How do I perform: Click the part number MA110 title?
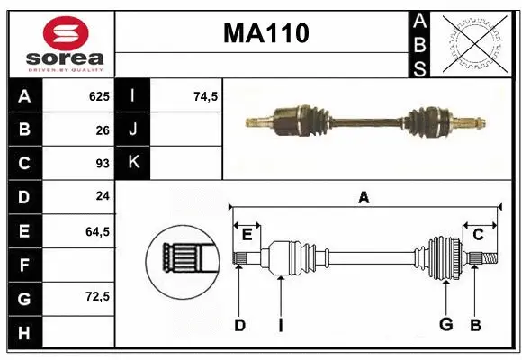[x=265, y=33]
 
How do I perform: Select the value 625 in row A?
[x=98, y=96]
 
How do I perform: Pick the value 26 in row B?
[x=103, y=130]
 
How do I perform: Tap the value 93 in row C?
[x=103, y=164]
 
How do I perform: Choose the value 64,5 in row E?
[x=97, y=231]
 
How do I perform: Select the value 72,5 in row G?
[x=97, y=296]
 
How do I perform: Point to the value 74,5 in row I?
[x=206, y=96]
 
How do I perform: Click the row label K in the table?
[x=132, y=163]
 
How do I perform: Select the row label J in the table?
[x=132, y=130]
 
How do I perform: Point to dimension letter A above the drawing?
[x=364, y=197]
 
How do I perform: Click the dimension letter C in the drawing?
[x=478, y=234]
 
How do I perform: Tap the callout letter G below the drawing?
[x=445, y=325]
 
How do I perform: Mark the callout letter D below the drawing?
[x=239, y=325]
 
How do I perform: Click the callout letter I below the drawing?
[x=280, y=325]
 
